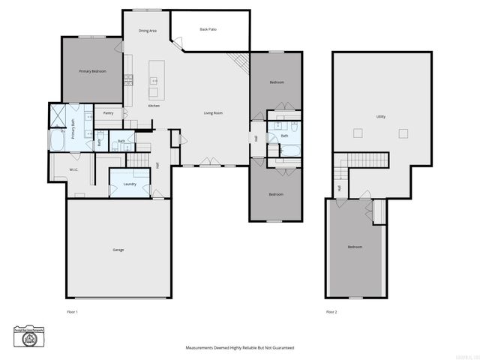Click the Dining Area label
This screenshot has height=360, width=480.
pos(148,31)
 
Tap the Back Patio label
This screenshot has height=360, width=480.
pos(208,29)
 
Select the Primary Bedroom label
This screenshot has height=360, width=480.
pos(93,71)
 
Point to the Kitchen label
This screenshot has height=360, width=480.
pos(154,106)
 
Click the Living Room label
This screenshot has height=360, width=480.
pos(214,113)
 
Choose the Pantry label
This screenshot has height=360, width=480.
pos(109,113)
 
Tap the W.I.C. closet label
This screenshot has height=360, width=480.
pos(74,170)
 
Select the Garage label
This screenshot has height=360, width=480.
pos(118,250)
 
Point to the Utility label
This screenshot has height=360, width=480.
pos(381,116)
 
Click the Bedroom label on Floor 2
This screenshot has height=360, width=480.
pos(355,247)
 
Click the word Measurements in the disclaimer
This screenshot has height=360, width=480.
pos(199,348)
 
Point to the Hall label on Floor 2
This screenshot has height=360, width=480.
pos(339,187)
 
